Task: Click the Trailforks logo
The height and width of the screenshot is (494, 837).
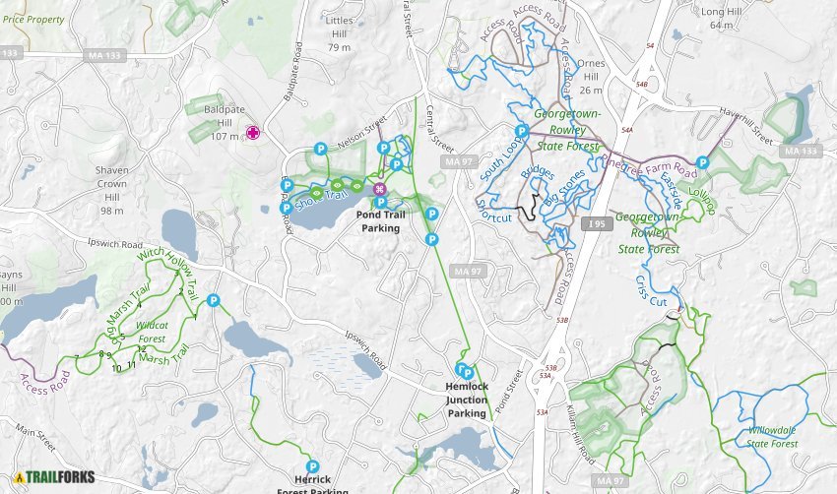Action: click(54, 477)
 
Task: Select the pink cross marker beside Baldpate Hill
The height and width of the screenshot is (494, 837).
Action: click(253, 133)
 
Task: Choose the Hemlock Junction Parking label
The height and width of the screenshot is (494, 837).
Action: click(467, 400)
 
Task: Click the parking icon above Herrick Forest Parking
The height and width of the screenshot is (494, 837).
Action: click(313, 466)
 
